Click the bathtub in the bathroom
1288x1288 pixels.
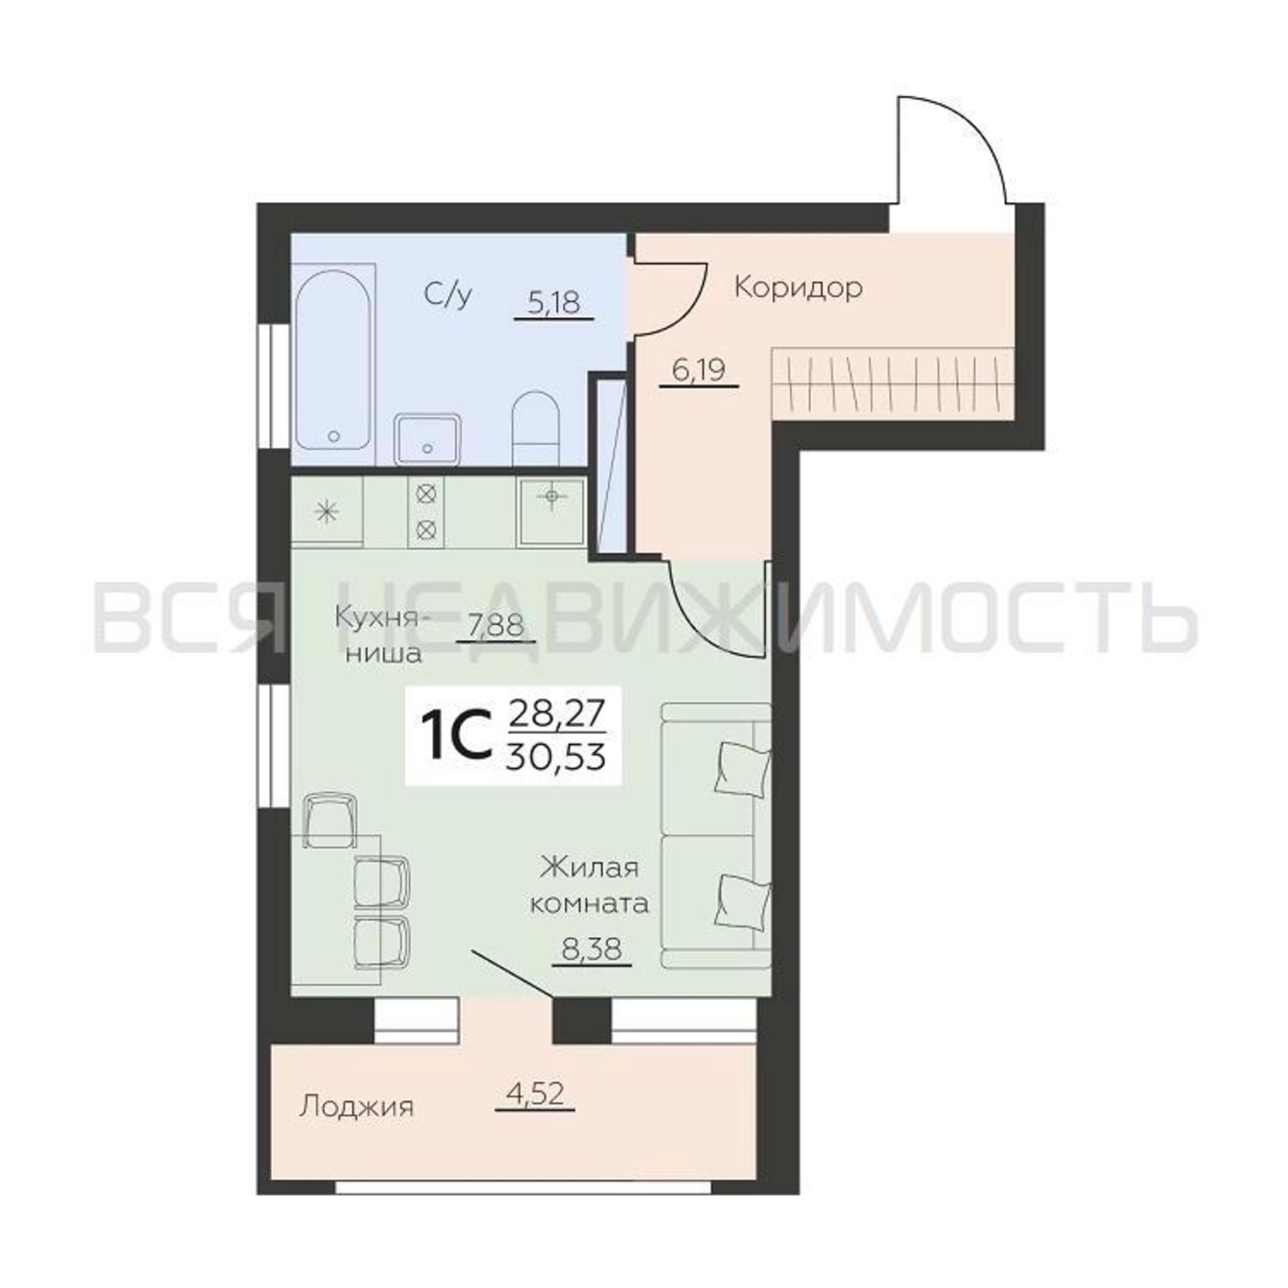tap(334, 364)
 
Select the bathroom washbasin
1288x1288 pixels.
tap(428, 439)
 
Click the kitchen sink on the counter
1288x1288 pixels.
tap(551, 511)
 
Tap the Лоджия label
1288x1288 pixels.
tap(357, 1106)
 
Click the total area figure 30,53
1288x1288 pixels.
tap(556, 757)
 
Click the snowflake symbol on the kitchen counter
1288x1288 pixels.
tap(326, 512)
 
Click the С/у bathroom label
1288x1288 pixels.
tap(448, 296)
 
